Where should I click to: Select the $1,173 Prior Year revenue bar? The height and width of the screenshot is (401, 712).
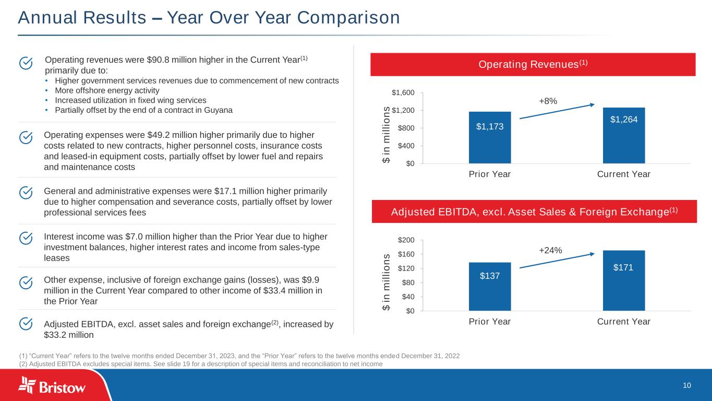pos(489,137)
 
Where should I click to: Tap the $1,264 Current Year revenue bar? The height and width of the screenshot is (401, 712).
pos(624,135)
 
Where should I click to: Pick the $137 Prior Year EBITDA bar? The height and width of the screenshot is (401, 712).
pos(489,286)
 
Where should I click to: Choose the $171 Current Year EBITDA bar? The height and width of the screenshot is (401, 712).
pos(624,280)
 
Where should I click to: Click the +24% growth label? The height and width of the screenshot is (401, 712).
pos(550,250)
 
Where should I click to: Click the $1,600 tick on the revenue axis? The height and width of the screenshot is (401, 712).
pos(404,93)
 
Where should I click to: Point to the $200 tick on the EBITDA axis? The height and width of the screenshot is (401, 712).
pos(406,240)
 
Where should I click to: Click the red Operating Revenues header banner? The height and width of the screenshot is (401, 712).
pos(533,64)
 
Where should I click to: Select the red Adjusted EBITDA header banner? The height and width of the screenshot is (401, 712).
pos(533,211)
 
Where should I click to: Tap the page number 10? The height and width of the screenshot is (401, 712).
pos(687,385)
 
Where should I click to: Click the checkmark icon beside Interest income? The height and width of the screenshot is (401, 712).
pos(26,238)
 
